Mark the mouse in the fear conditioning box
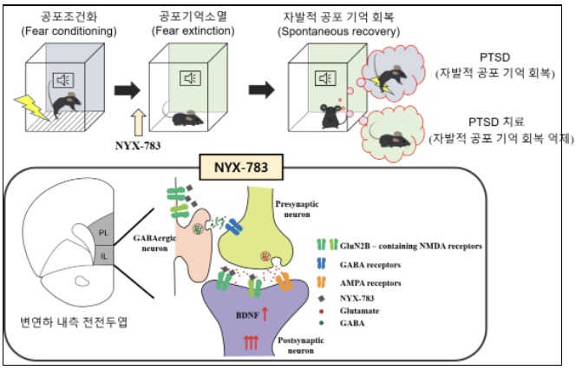65,108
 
